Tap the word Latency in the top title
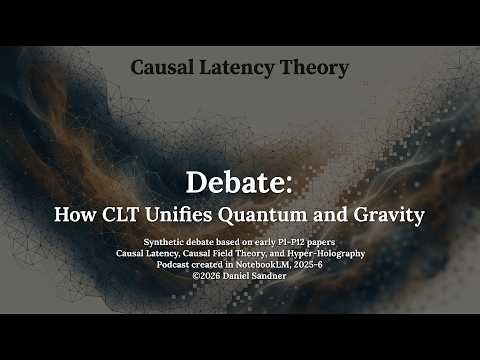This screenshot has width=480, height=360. [x=239, y=68]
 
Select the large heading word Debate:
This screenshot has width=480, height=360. [x=239, y=182]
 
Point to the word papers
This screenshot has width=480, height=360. [x=319, y=242]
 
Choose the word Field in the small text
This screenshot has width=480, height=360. [x=239, y=253]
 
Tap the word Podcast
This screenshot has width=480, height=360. [x=165, y=265]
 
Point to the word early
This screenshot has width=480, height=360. [x=247, y=242]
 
